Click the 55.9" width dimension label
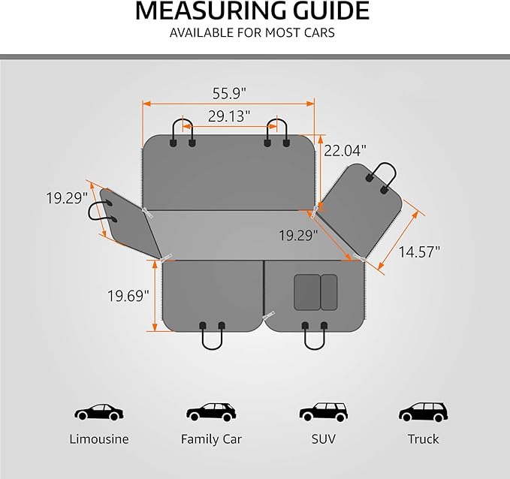[229, 93]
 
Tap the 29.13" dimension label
[229, 116]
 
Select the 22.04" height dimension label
[345, 151]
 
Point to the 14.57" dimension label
[419, 252]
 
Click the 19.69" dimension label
[128, 296]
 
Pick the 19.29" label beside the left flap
[67, 198]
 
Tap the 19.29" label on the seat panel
[298, 235]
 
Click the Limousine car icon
[99, 412]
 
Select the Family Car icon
[211, 412]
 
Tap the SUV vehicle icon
[324, 412]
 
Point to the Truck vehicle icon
[423, 412]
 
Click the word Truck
[423, 439]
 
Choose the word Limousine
[99, 439]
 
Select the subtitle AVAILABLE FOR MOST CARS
[252, 33]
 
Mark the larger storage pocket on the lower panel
[307, 292]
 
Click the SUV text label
[324, 439]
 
